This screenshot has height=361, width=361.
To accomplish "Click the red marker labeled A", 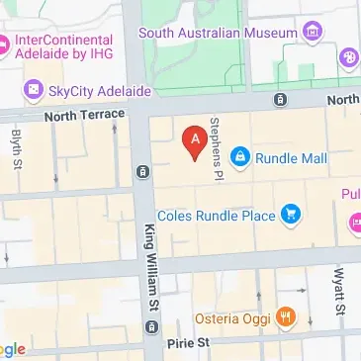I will tap(195, 140).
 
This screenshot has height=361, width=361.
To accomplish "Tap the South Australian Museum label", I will tap(218, 33).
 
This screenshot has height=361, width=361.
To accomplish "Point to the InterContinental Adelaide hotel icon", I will tap(5, 45).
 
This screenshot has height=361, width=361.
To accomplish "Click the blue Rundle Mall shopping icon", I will tap(240, 156).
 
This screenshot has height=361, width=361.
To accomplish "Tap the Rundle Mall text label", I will tap(292, 156).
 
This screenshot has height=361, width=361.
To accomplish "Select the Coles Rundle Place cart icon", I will tap(291, 213).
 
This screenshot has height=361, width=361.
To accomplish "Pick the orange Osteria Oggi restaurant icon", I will tap(284, 316).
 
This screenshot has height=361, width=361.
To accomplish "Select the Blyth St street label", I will tap(17, 148).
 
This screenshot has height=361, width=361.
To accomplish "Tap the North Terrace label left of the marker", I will tap(85, 115).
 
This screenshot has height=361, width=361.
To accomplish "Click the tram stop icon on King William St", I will tap(144, 172).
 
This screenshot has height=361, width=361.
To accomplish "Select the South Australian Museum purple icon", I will tap(314, 32).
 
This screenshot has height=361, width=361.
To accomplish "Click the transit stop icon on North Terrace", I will tap(281, 100).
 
